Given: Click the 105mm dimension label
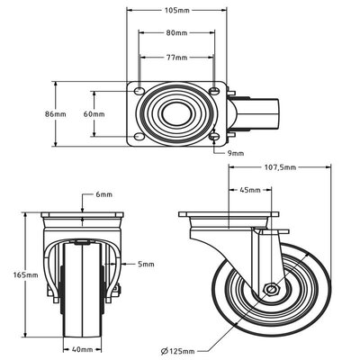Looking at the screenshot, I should [x=176, y=12].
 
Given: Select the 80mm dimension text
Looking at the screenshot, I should [x=176, y=33].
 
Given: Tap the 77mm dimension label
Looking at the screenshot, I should [x=176, y=57].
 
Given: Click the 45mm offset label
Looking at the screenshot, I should [x=250, y=191].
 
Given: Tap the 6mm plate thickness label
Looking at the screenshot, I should [x=104, y=193].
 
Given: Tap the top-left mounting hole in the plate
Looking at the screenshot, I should [x=139, y=92].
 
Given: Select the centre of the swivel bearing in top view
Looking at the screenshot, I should [x=176, y=114].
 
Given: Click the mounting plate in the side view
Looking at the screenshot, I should [x=227, y=215].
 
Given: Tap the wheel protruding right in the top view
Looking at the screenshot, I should [x=265, y=114].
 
